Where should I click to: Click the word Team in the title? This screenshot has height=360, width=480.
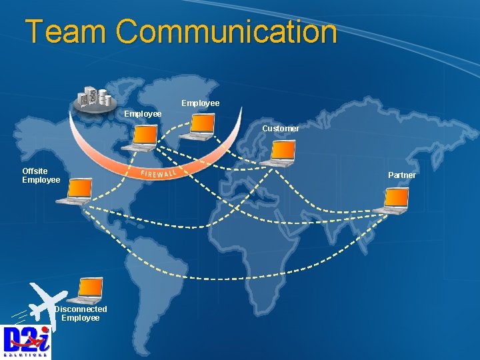pos(65,31)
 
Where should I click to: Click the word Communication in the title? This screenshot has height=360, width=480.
pos(226,31)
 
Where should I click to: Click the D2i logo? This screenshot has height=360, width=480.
pos(26,339)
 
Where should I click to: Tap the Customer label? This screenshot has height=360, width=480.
pos(280,128)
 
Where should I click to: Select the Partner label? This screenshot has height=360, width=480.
pos(402,175)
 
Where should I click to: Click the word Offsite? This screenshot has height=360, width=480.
pos(35,171)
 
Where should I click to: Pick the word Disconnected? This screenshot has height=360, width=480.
pos(81,309)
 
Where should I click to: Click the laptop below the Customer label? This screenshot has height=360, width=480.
pos(278,153)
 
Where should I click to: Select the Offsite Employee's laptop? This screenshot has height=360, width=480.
pos(75,191)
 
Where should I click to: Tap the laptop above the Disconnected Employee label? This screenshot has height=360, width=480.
pos(91,289)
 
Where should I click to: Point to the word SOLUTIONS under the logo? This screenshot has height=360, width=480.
pos(26,355)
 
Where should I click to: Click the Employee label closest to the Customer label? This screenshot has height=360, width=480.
pos(200,103)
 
